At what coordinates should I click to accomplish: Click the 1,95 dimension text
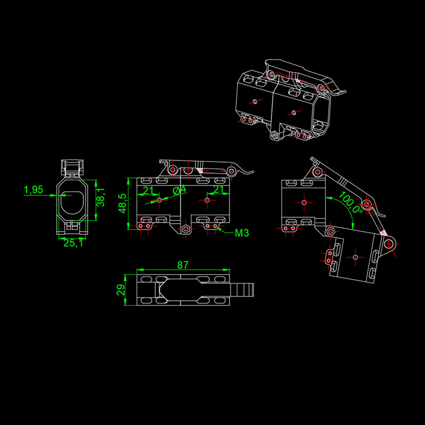pyautogui.click(x=33, y=190)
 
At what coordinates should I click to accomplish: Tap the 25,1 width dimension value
pyautogui.click(x=73, y=243)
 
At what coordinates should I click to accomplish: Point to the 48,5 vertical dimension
pyautogui.click(x=123, y=203)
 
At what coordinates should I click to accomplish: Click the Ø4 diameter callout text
pyautogui.click(x=180, y=190)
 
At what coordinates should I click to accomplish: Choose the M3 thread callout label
pyautogui.click(x=242, y=233)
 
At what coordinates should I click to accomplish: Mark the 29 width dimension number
pyautogui.click(x=121, y=290)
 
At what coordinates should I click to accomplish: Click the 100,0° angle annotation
pyautogui.click(x=351, y=202)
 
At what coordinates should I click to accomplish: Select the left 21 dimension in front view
pyautogui.click(x=148, y=190)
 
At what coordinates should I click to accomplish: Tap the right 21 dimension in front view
pyautogui.click(x=218, y=190)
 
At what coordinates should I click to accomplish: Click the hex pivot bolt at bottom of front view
pyautogui.click(x=185, y=229)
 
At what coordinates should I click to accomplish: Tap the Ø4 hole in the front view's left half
pyautogui.click(x=159, y=200)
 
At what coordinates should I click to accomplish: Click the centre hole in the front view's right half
pyautogui.click(x=207, y=200)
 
